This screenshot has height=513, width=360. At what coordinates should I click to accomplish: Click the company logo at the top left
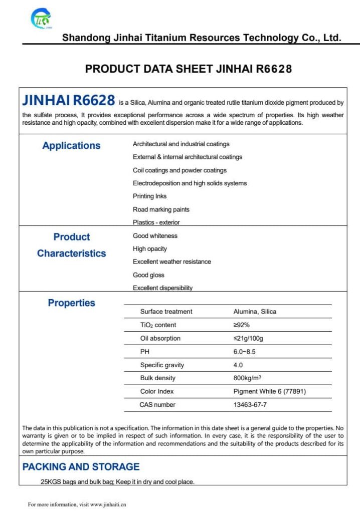pyautogui.click(x=41, y=20)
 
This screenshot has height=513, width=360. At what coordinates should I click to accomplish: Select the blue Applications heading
pyautogui.click(x=71, y=146)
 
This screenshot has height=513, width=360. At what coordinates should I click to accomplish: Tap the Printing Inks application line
pyautogui.click(x=149, y=196)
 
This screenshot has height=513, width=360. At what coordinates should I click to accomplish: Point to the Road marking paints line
pyautogui.click(x=161, y=209)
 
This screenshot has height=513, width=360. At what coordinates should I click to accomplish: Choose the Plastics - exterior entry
pyautogui.click(x=156, y=222)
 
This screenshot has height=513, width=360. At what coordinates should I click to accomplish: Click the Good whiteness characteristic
pyautogui.click(x=155, y=236)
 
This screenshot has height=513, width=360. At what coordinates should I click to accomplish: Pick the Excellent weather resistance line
pyautogui.click(x=171, y=262)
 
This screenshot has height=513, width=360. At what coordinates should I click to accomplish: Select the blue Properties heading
pyautogui.click(x=71, y=303)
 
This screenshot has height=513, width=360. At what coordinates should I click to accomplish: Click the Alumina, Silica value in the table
pyautogui.click(x=255, y=312)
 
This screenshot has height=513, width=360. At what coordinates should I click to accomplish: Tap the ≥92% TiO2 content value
pyautogui.click(x=238, y=325)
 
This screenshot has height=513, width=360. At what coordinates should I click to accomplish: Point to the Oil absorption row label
pyautogui.click(x=160, y=338)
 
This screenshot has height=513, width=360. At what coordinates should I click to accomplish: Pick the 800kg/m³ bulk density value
pyautogui.click(x=247, y=378)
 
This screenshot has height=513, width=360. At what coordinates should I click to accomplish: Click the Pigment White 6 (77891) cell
pyautogui.click(x=269, y=391)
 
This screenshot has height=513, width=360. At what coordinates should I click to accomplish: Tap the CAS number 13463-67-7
pyautogui.click(x=250, y=404)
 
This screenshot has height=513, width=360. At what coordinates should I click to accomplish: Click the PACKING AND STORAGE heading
pyautogui.click(x=81, y=467)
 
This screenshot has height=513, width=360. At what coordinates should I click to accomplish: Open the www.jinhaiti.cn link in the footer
pyautogui.click(x=108, y=504)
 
